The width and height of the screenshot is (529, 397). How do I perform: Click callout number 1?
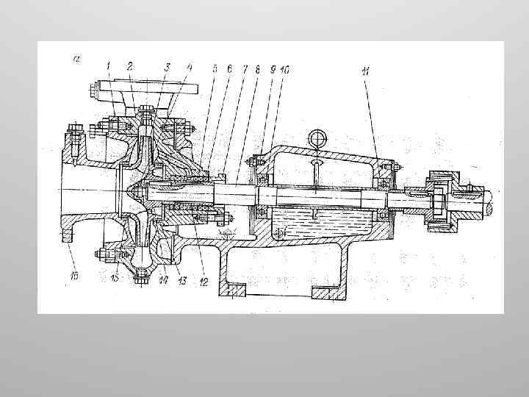coord(108,66)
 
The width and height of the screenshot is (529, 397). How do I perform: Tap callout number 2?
coord(129,66)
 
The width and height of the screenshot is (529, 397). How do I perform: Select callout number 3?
coord(167,67)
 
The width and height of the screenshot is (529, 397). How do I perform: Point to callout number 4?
coord(190,67)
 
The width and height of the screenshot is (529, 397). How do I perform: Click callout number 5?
coord(215,68)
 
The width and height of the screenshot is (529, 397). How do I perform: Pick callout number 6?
coord(229,68)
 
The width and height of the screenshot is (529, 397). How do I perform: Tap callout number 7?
coord(245,68)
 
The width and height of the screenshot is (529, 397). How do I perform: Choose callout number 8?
coord(258,68)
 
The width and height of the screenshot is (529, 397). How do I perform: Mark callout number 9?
coord(273,68)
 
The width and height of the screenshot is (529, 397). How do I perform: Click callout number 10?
coord(285,68)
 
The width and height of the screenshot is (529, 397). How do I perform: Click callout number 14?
coord(163,279)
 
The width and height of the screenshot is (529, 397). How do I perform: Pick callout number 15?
coord(114,278)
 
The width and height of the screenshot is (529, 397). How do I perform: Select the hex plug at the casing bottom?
coord(140,278)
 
